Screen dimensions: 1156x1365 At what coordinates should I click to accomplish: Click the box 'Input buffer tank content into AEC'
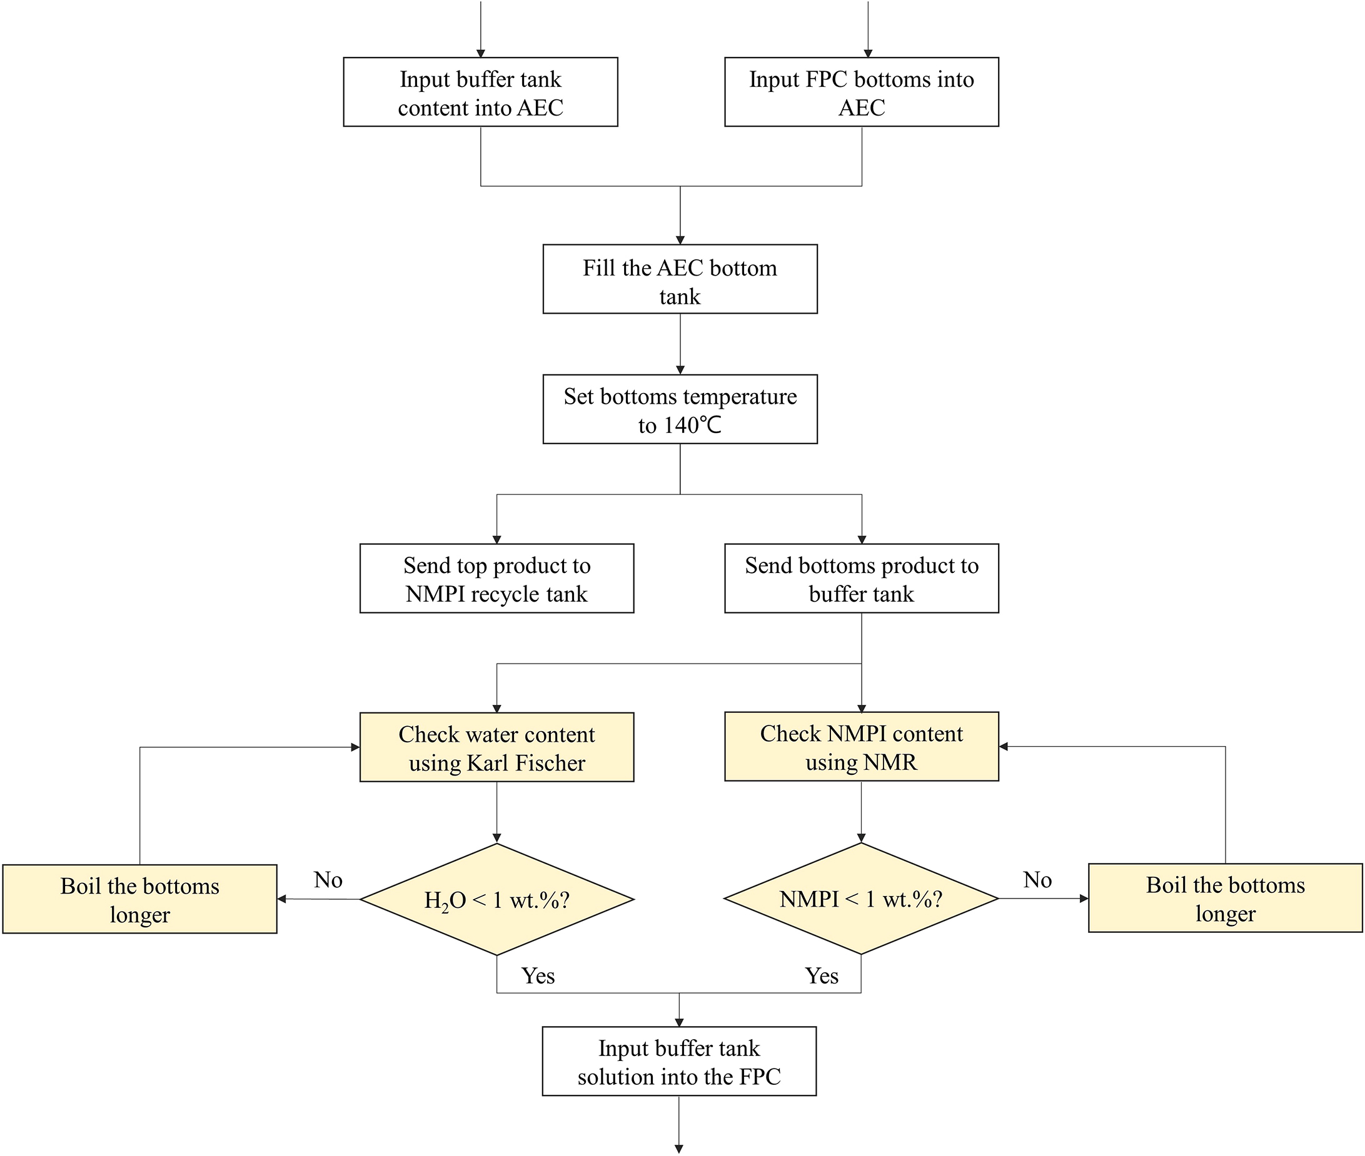click(x=480, y=92)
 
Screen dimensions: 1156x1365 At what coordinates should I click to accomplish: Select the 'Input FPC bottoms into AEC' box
click(x=861, y=92)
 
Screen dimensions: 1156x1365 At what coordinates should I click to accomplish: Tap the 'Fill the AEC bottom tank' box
click(x=680, y=279)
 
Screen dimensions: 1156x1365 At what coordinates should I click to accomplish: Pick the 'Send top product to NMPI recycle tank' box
click(x=496, y=578)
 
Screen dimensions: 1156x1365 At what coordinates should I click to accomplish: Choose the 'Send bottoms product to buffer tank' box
click(x=861, y=578)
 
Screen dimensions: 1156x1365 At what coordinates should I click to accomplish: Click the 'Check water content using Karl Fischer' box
click(x=496, y=747)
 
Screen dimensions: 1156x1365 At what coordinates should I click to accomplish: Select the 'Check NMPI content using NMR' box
click(x=861, y=747)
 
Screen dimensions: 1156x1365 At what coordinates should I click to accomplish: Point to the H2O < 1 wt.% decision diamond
click(x=496, y=899)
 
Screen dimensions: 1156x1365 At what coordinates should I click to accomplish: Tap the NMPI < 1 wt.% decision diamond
click(x=861, y=899)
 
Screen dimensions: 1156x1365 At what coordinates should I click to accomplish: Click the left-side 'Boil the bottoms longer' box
click(x=139, y=899)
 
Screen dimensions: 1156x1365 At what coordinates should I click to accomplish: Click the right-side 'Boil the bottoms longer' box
click(x=1225, y=898)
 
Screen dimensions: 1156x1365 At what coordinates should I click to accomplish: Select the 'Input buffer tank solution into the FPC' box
click(x=678, y=1062)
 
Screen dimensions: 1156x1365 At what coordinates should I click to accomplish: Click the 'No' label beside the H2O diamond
click(x=328, y=879)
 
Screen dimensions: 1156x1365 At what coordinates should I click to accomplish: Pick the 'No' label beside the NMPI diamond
click(x=1037, y=879)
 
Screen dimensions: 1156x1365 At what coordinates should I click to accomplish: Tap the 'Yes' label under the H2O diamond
click(x=538, y=976)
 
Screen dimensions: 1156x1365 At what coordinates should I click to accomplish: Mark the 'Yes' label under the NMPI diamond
click(x=822, y=976)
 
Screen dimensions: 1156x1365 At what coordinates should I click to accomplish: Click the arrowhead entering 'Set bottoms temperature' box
click(x=680, y=369)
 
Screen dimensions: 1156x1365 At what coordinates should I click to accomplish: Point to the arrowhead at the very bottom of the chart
click(x=678, y=1148)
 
